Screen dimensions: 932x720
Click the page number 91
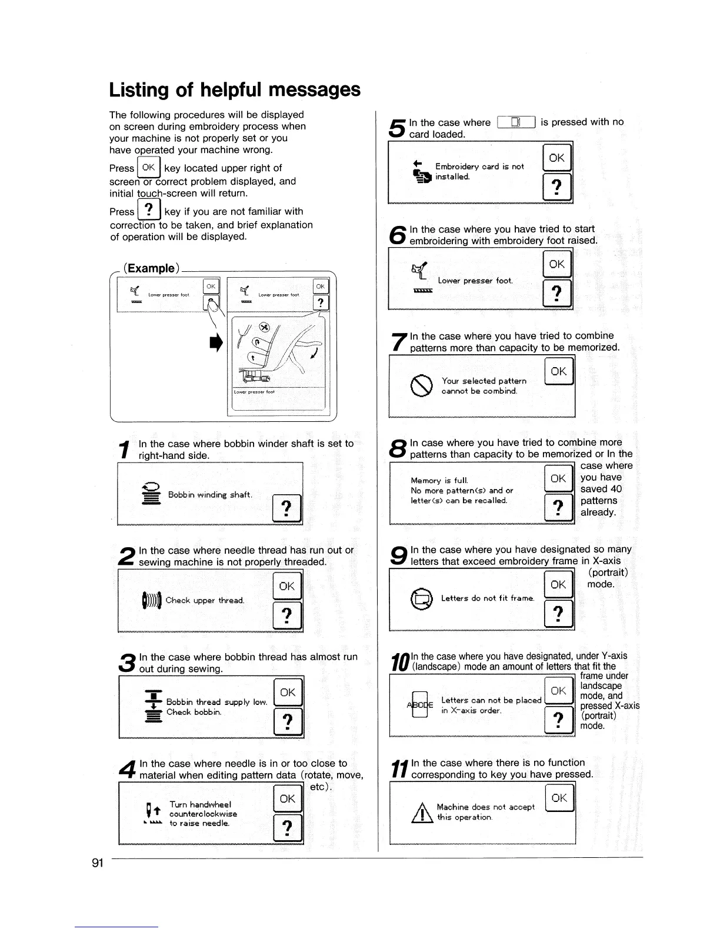(x=97, y=863)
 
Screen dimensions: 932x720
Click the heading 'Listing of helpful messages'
(x=235, y=89)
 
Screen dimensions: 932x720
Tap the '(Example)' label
(x=151, y=268)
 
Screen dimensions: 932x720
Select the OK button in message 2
(x=287, y=586)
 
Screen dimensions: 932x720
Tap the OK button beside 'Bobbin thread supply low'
(x=288, y=692)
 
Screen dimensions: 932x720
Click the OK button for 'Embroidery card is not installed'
(x=556, y=158)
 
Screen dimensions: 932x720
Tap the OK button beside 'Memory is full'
(x=558, y=479)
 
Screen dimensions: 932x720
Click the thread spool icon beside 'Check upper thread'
(x=151, y=601)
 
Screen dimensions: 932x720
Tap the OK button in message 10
(x=558, y=691)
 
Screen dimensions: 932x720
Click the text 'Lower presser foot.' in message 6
(x=475, y=281)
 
